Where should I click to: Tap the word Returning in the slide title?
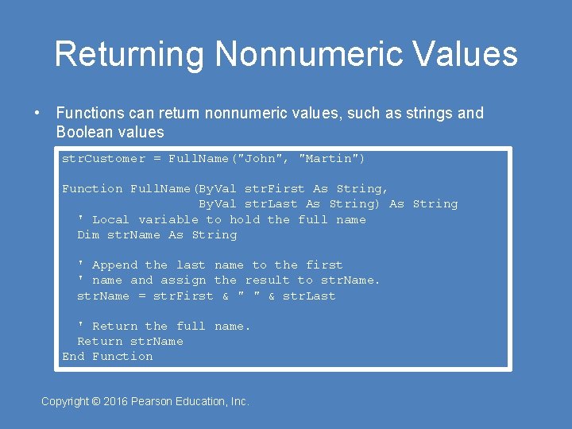[x=129, y=55]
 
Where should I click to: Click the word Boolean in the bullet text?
[x=83, y=132]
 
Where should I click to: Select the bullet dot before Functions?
[x=37, y=113]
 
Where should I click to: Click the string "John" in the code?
[x=268, y=159]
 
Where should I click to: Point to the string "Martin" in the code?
[x=331, y=159]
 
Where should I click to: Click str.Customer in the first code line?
[x=103, y=159]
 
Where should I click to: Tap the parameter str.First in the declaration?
[x=275, y=189]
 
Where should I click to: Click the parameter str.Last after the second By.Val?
[x=271, y=204]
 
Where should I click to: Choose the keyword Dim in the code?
[x=88, y=235]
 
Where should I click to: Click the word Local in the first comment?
[x=110, y=220]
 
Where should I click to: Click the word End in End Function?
[x=73, y=357]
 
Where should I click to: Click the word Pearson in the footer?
[x=156, y=402]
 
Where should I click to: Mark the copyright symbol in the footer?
[x=95, y=402]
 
